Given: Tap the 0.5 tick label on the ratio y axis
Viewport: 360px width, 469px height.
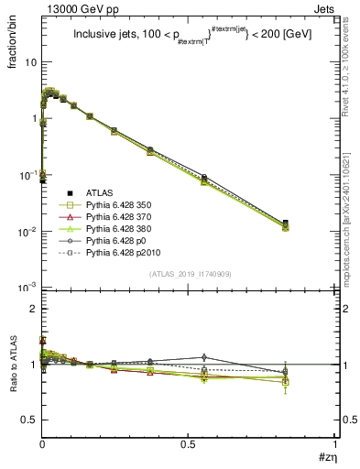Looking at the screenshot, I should pos(30,420).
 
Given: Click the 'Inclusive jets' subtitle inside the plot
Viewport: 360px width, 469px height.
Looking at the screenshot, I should pos(109,35).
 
